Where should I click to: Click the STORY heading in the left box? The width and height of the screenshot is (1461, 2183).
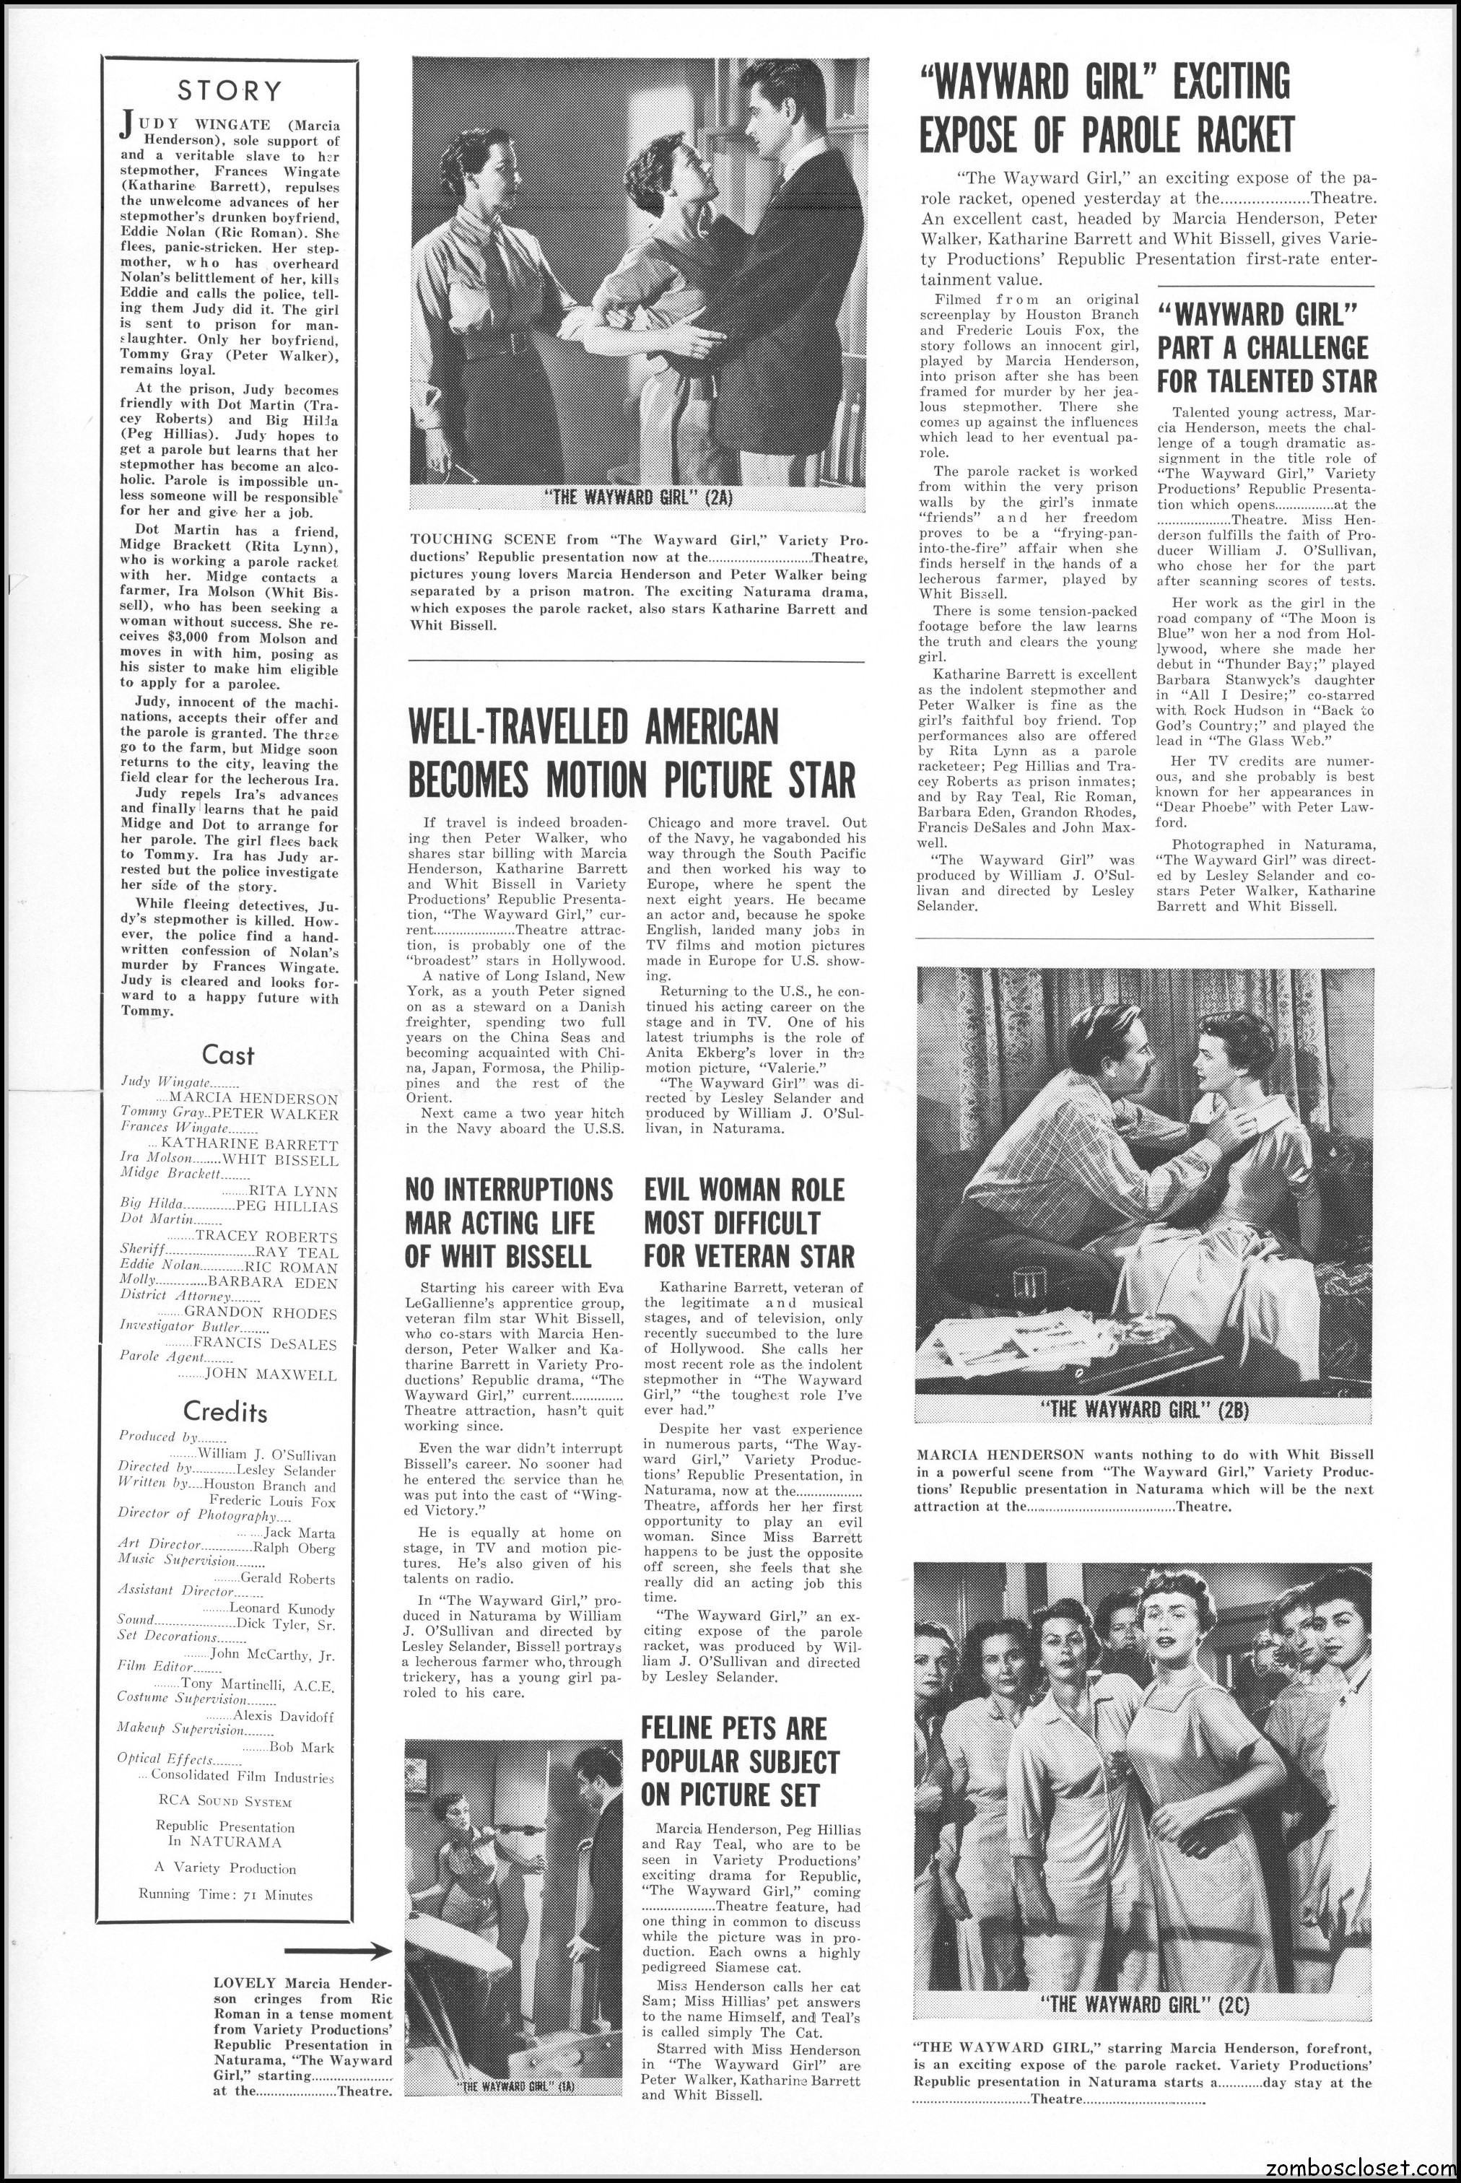click(x=230, y=90)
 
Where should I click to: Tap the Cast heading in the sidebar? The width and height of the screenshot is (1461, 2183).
click(x=228, y=1055)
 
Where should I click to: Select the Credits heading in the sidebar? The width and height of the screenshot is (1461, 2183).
click(x=225, y=1411)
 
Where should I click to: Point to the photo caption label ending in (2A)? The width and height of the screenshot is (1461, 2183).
click(x=638, y=497)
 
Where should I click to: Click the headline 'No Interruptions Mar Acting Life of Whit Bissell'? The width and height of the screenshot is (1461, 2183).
click(x=510, y=1222)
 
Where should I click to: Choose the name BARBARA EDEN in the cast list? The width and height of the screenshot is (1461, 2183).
click(x=288, y=1283)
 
